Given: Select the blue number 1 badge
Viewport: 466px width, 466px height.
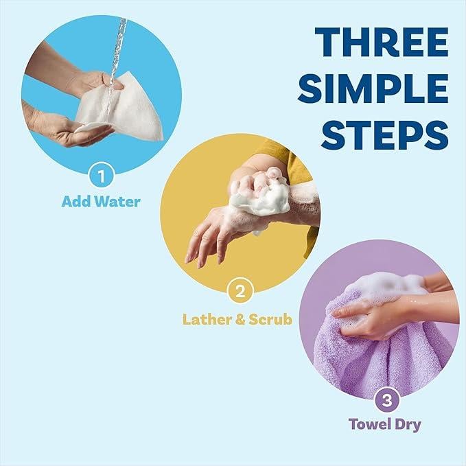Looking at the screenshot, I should click(x=101, y=177).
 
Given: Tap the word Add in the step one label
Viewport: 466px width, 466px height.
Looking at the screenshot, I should click(x=75, y=202).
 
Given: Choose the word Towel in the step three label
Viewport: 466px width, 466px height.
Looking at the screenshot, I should click(x=368, y=424).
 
